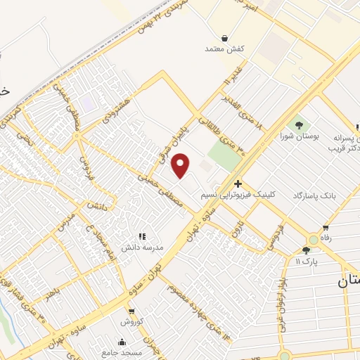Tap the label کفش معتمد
click(x=224, y=49)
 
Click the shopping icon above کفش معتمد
click(x=224, y=38)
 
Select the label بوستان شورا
click(x=300, y=136)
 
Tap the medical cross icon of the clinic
click(x=238, y=184)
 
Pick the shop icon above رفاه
click(x=326, y=227)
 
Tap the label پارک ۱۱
click(x=307, y=261)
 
